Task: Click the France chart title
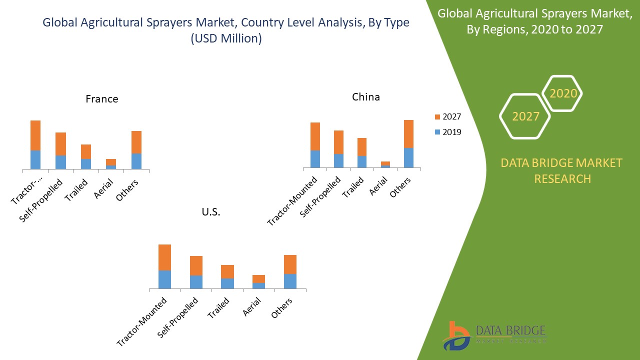[x=102, y=99]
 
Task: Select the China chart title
[x=365, y=97]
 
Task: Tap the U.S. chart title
[x=211, y=212]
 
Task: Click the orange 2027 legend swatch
[x=437, y=117]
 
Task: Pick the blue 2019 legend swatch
[x=437, y=132]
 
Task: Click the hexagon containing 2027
[x=525, y=116]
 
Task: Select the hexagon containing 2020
[x=562, y=93]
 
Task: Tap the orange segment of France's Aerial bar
[x=111, y=162]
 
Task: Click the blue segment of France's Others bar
[x=136, y=161]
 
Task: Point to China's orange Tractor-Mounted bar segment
[x=315, y=136]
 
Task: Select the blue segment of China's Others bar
[x=408, y=157]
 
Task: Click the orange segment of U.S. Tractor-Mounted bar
[x=164, y=257]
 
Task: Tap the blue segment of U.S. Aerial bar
[x=258, y=285]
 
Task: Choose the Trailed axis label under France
[x=77, y=190]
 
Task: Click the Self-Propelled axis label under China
[x=321, y=196]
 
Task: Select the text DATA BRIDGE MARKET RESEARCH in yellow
[x=562, y=170]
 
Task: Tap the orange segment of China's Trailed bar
[x=361, y=146]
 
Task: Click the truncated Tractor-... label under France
[x=27, y=189]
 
